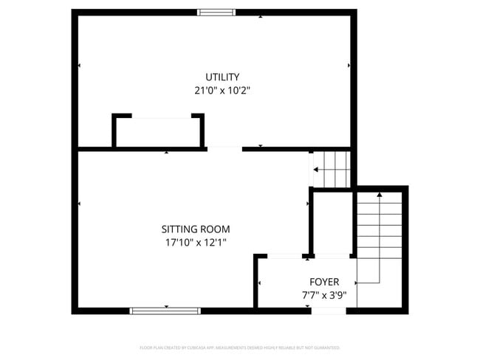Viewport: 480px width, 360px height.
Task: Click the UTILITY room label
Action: pyautogui.click(x=222, y=77)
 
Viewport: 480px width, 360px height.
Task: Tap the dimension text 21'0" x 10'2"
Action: pyautogui.click(x=222, y=91)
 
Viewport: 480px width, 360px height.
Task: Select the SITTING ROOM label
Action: pyautogui.click(x=196, y=229)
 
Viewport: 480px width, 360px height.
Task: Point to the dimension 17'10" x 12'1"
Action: pyautogui.click(x=196, y=242)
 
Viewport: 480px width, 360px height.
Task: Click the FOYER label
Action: pyautogui.click(x=324, y=282)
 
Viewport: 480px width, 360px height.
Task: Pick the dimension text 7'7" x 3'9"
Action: pyautogui.click(x=324, y=295)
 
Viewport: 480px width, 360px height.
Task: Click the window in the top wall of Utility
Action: pyautogui.click(x=216, y=12)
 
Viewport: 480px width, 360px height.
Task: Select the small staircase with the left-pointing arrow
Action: pyautogui.click(x=332, y=169)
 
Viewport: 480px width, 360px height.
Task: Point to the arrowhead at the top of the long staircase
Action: pyautogui.click(x=380, y=195)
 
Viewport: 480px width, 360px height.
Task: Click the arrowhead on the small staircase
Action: pyautogui.click(x=316, y=170)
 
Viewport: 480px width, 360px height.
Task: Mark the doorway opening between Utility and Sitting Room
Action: pyautogui.click(x=224, y=148)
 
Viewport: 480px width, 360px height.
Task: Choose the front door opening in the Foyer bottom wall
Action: pyautogui.click(x=329, y=311)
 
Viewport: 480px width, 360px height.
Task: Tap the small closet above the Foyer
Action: pyautogui.click(x=332, y=223)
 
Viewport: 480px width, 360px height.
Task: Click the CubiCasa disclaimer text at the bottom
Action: pyautogui.click(x=240, y=347)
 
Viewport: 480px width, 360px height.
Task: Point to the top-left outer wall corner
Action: pyautogui.click(x=75, y=13)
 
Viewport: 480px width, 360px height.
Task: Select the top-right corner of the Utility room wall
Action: pyautogui.click(x=354, y=13)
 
